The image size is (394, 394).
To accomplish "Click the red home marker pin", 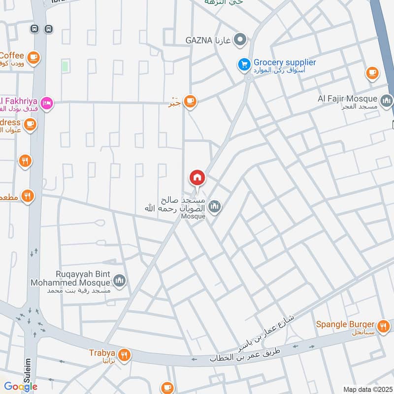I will [197, 177].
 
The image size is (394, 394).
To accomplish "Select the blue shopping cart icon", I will [244, 64].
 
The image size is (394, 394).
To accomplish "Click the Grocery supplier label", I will [284, 63].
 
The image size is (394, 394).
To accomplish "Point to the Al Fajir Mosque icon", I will [387, 101].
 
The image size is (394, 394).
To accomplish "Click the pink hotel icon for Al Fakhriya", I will [47, 103].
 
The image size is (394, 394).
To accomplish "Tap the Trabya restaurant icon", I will [125, 354].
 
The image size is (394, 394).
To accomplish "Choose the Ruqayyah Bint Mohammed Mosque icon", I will [120, 281].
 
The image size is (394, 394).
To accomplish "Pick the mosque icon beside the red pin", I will [214, 206].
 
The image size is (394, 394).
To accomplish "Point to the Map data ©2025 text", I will [367, 389].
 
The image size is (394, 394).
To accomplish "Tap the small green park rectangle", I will [65, 66].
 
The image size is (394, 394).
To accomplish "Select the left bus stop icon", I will [34, 29].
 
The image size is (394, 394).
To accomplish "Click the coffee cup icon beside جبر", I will [190, 102].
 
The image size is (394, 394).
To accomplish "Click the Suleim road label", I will [28, 371].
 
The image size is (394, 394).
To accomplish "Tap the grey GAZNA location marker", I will [240, 39].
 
